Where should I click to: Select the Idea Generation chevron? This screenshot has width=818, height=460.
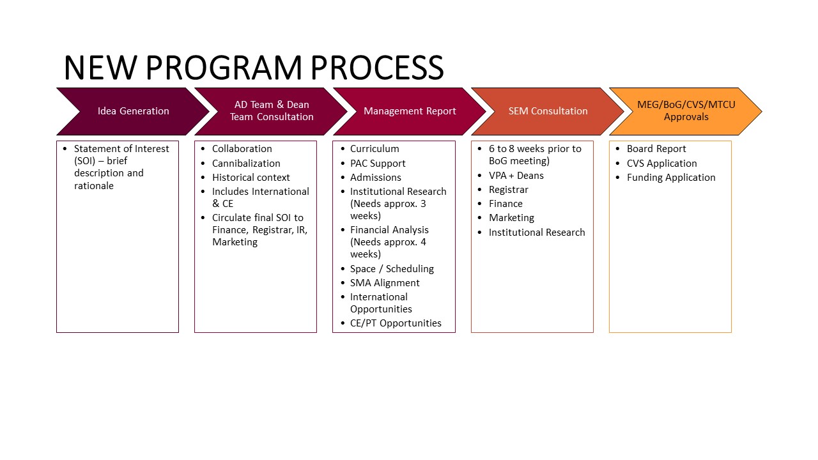133,111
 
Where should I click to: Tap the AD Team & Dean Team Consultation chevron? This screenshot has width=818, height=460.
272,111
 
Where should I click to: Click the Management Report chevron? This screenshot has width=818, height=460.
410,111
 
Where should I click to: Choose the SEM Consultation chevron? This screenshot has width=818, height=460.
548,111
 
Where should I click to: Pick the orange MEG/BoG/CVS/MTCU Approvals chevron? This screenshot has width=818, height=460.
686,111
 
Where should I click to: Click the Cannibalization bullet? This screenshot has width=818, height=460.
246,164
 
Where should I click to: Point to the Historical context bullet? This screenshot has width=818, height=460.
251,178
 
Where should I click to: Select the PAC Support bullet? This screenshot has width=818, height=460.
378,164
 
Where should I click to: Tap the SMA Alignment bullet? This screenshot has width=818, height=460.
385,283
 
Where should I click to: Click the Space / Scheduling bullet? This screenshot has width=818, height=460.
392,269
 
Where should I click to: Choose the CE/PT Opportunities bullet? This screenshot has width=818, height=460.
396,323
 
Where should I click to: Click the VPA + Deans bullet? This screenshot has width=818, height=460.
516,176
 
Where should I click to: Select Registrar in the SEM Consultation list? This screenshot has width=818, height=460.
508,190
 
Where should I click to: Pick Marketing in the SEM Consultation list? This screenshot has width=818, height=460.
511,218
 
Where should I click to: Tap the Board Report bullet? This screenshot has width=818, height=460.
656,149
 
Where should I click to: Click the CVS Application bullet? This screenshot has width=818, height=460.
661,164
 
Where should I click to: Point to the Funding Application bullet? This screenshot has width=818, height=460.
670,178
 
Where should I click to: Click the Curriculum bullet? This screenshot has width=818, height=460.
374,149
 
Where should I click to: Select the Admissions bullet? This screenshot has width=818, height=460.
376,178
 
